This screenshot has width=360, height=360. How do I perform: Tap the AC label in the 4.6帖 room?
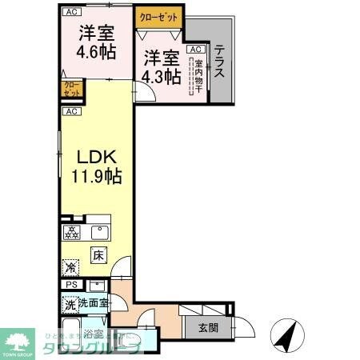pyautogui.click(x=70, y=12)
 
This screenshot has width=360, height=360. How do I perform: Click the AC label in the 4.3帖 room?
pyautogui.click(x=194, y=50)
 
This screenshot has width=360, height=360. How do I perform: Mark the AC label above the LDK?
pyautogui.click(x=70, y=111)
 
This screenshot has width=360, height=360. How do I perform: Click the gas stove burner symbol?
pyautogui.click(x=71, y=234)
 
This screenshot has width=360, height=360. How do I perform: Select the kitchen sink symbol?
pyautogui.click(x=99, y=234)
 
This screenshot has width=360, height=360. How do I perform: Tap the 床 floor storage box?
pyautogui.click(x=98, y=256)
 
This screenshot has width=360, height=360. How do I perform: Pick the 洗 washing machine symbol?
pyautogui.click(x=70, y=305)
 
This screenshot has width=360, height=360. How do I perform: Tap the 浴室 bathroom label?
pyautogui.click(x=94, y=334)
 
